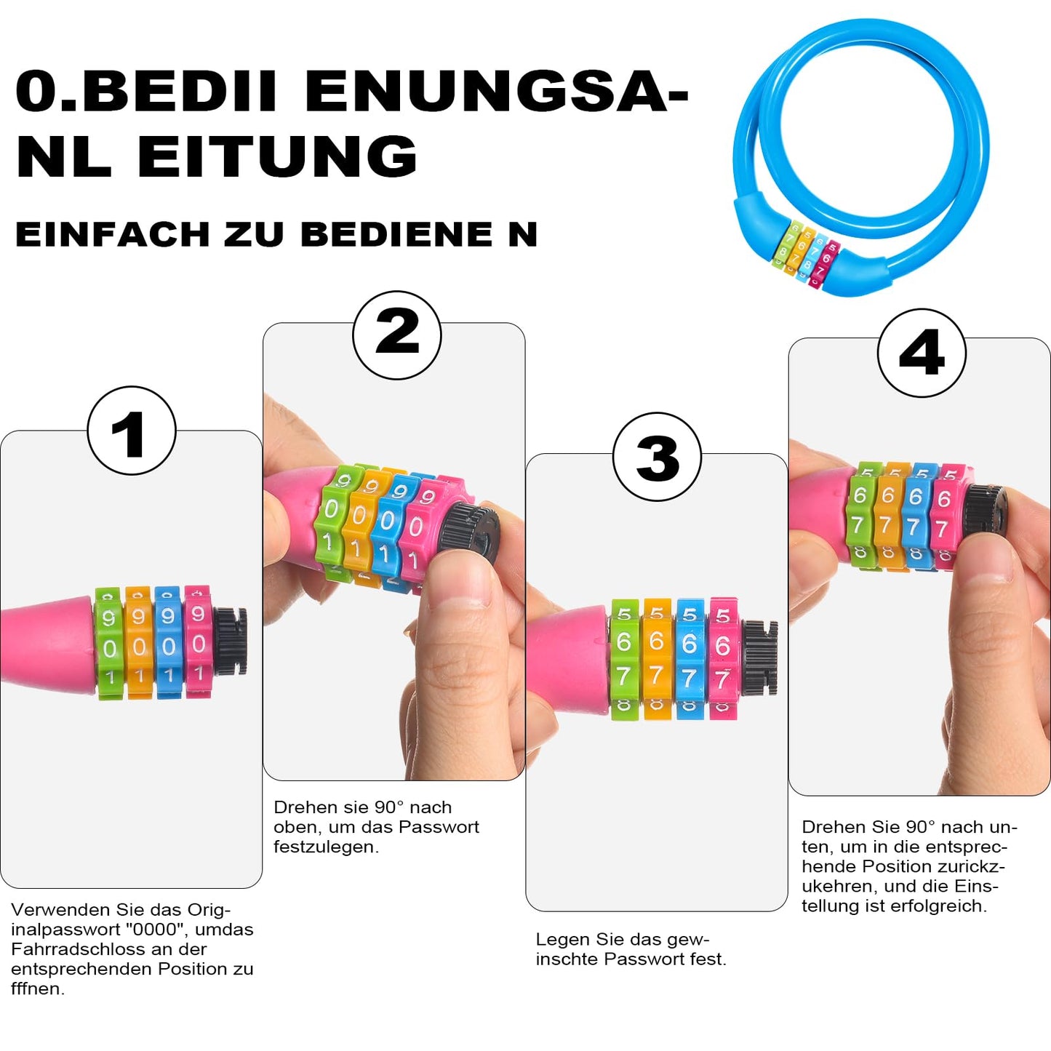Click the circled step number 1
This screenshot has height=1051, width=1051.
[x=132, y=431]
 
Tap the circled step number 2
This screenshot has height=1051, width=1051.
[x=397, y=335]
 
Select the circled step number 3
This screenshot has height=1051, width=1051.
[x=658, y=457]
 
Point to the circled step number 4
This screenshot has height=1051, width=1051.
[x=922, y=353]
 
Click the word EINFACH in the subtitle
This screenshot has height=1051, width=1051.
[x=113, y=234]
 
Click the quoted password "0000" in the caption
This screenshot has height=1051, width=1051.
[x=155, y=929]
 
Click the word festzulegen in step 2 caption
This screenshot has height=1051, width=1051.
[x=326, y=847]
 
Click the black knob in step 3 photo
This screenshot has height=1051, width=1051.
[x=760, y=657]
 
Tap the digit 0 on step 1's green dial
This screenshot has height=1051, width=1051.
[x=110, y=649]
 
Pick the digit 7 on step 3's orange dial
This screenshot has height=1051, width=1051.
[x=656, y=676]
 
